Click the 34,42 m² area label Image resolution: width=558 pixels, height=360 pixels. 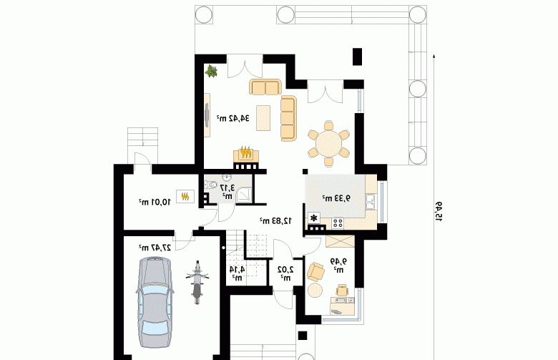(233, 118)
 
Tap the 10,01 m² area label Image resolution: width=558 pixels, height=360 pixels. (155, 202)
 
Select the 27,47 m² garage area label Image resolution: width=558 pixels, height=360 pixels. (155, 248)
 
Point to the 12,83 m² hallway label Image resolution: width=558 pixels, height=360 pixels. (276, 220)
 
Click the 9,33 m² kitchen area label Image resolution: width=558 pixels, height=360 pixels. (336, 198)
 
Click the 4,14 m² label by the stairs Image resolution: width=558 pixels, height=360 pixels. (237, 273)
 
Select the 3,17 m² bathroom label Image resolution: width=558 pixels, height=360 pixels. (227, 191)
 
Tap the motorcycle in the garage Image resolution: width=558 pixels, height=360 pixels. (197, 283)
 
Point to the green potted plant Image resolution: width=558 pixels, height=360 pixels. (211, 72)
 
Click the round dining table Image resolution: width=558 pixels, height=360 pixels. (329, 144)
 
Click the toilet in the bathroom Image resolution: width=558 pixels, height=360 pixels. (210, 185)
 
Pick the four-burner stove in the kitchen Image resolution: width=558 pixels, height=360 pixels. (338, 223)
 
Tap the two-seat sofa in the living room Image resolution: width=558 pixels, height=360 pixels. (265, 87)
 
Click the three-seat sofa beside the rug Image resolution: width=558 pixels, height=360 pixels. (288, 118)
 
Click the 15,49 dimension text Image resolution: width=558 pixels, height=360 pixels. (438, 212)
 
